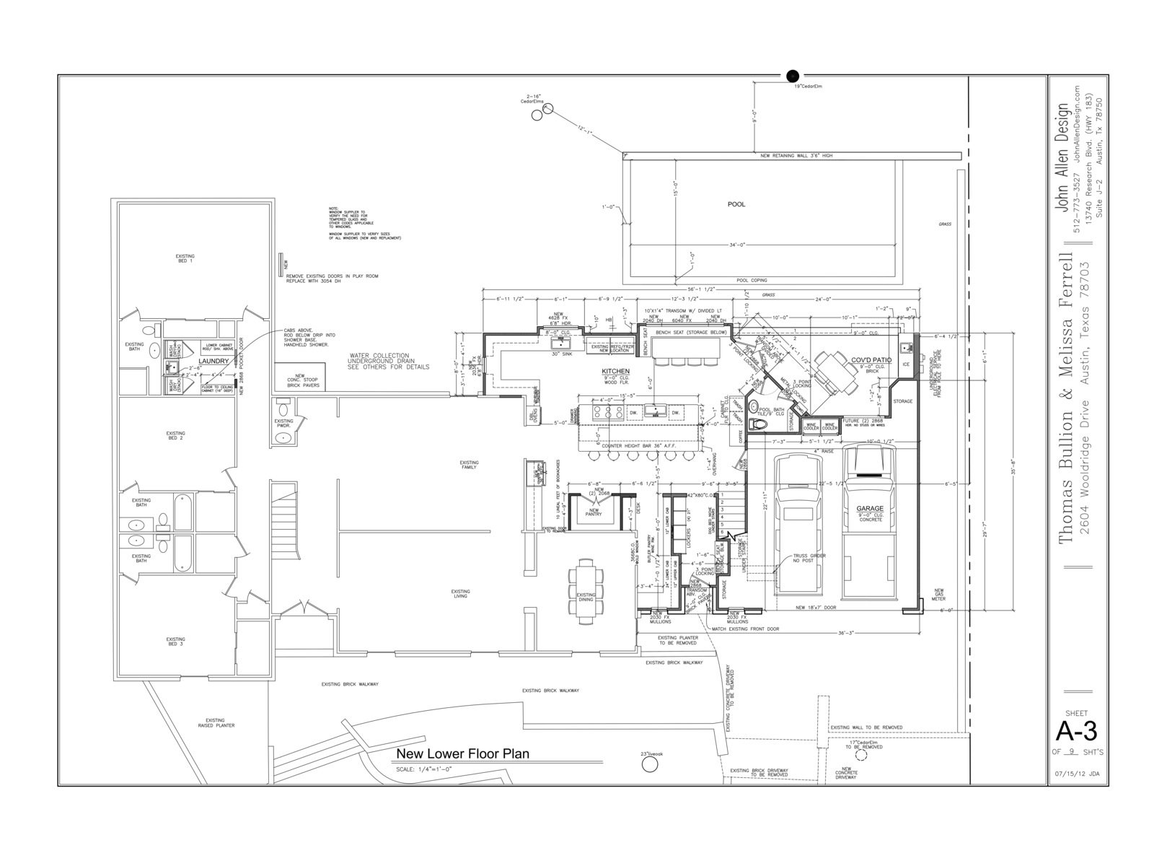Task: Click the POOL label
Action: tap(736, 204)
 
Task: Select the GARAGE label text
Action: tap(870, 509)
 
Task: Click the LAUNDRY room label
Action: tap(213, 361)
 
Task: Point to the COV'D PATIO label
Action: tap(871, 359)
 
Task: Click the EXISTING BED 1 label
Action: tap(185, 258)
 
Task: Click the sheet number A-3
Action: tap(1076, 732)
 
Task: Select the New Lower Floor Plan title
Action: tap(462, 754)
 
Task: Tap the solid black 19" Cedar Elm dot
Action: tap(793, 76)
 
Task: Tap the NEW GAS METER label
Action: tap(938, 594)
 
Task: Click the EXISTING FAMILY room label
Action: tap(469, 465)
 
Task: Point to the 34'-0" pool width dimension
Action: tap(736, 245)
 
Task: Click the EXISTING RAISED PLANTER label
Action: tap(215, 722)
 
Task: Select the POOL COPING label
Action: tap(752, 280)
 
